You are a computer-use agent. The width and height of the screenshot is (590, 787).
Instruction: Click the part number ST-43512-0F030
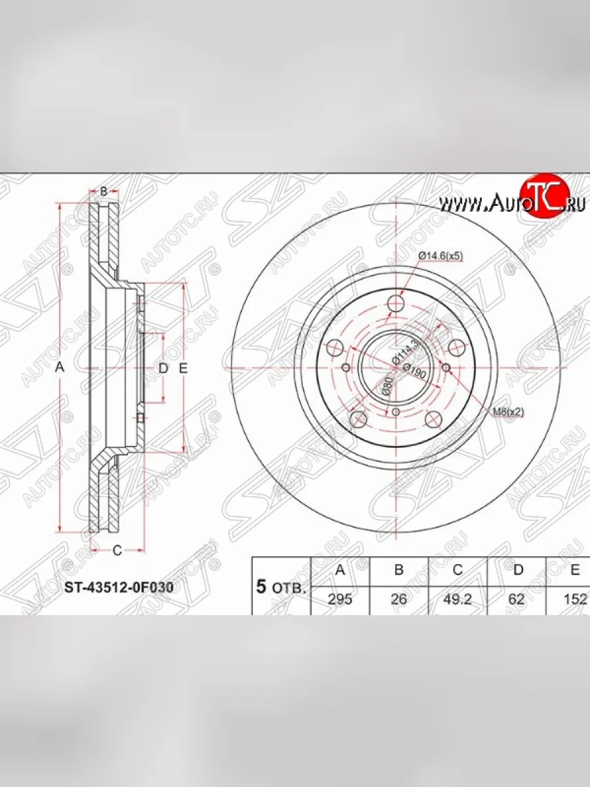click(118, 588)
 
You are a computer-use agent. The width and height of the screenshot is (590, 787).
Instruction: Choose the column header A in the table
click(340, 570)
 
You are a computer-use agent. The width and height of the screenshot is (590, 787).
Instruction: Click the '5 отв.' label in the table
click(281, 586)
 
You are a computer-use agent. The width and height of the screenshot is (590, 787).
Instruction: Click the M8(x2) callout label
click(508, 412)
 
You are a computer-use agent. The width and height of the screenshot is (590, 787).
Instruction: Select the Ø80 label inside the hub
click(387, 384)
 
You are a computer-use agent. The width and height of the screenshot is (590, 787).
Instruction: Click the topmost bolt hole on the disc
click(396, 304)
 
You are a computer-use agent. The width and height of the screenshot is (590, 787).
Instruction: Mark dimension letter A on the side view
click(60, 368)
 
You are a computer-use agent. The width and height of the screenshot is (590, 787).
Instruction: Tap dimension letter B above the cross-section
click(104, 192)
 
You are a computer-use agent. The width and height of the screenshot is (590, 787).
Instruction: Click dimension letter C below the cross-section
click(117, 550)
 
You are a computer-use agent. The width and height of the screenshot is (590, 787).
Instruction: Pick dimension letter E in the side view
click(184, 368)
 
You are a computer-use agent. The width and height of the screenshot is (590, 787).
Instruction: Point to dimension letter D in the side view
click(163, 368)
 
